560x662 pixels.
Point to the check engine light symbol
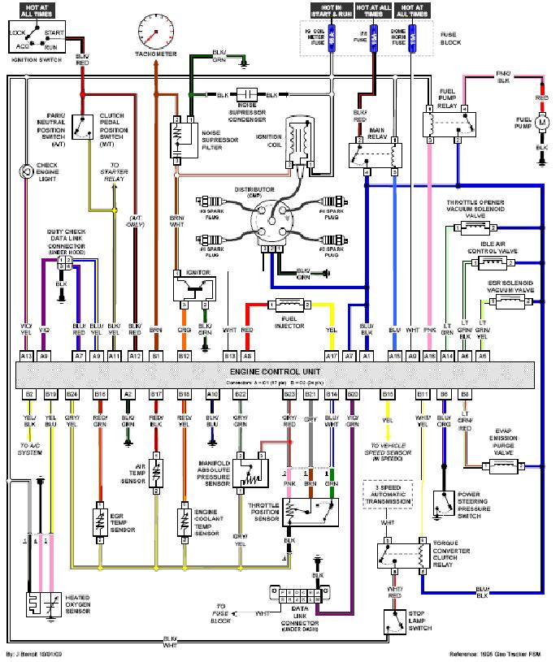click(x=27, y=171)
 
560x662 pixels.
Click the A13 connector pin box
click(x=26, y=355)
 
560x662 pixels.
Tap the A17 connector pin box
click(x=331, y=355)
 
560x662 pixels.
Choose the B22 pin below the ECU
click(x=241, y=394)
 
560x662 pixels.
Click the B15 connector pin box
click(x=388, y=394)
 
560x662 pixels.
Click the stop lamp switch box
click(x=396, y=622)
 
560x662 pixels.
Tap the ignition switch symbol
click(x=37, y=37)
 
